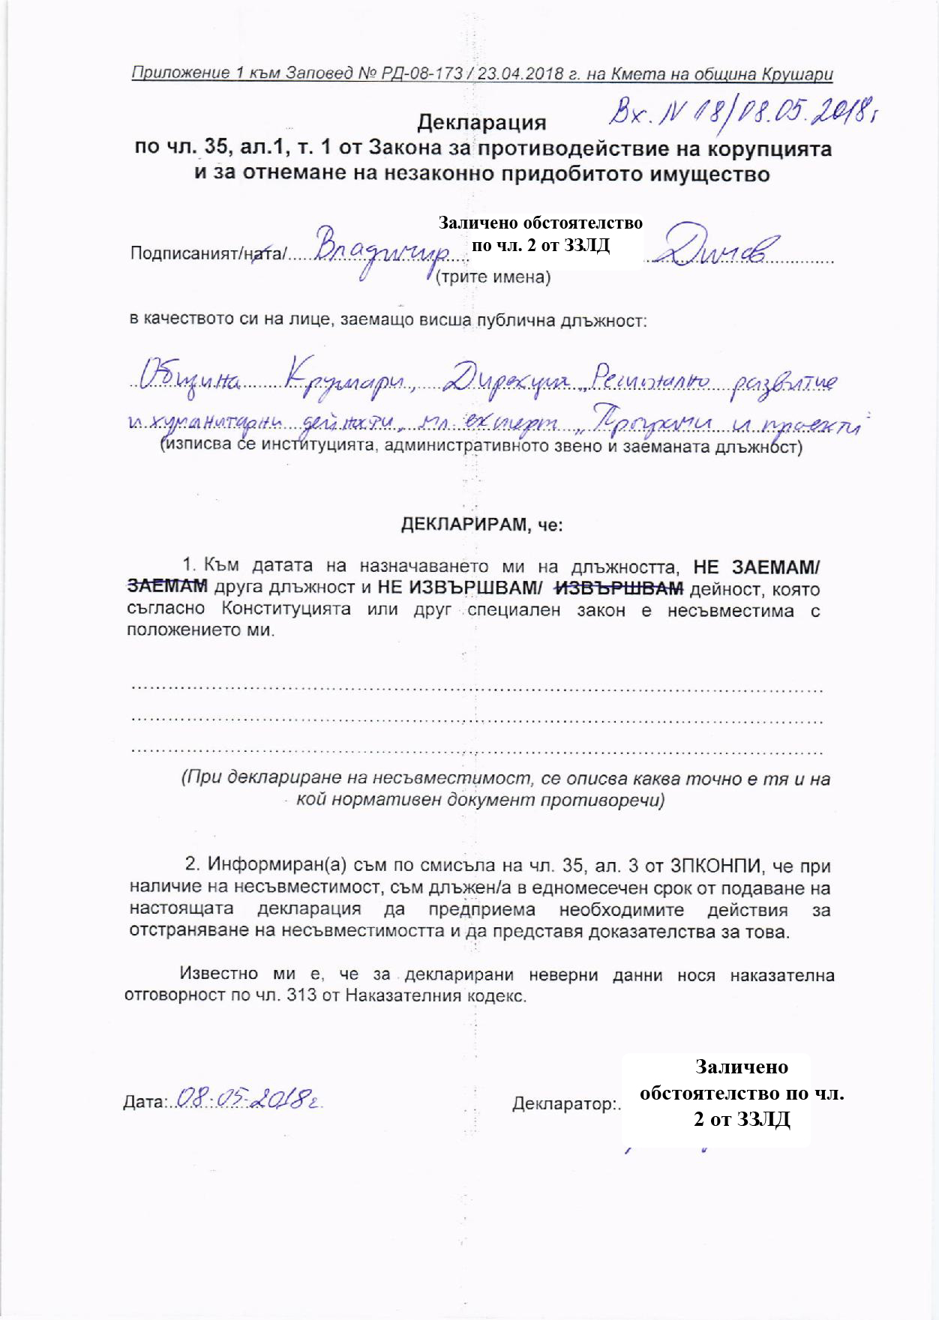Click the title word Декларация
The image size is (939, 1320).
[481, 122]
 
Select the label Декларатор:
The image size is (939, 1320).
[566, 1104]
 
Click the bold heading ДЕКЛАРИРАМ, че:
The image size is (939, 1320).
[481, 525]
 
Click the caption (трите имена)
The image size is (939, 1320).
[493, 277]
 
